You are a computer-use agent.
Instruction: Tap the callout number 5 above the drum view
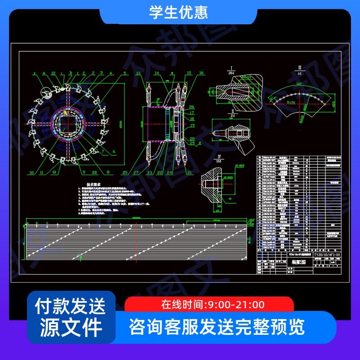(x=124, y=73)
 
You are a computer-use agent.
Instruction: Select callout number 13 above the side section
(x=138, y=73)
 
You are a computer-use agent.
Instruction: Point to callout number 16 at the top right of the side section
(x=201, y=73)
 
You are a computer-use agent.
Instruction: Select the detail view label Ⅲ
(x=299, y=67)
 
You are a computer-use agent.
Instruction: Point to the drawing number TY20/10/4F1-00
(x=327, y=254)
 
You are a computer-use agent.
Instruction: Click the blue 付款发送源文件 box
(x=71, y=317)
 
